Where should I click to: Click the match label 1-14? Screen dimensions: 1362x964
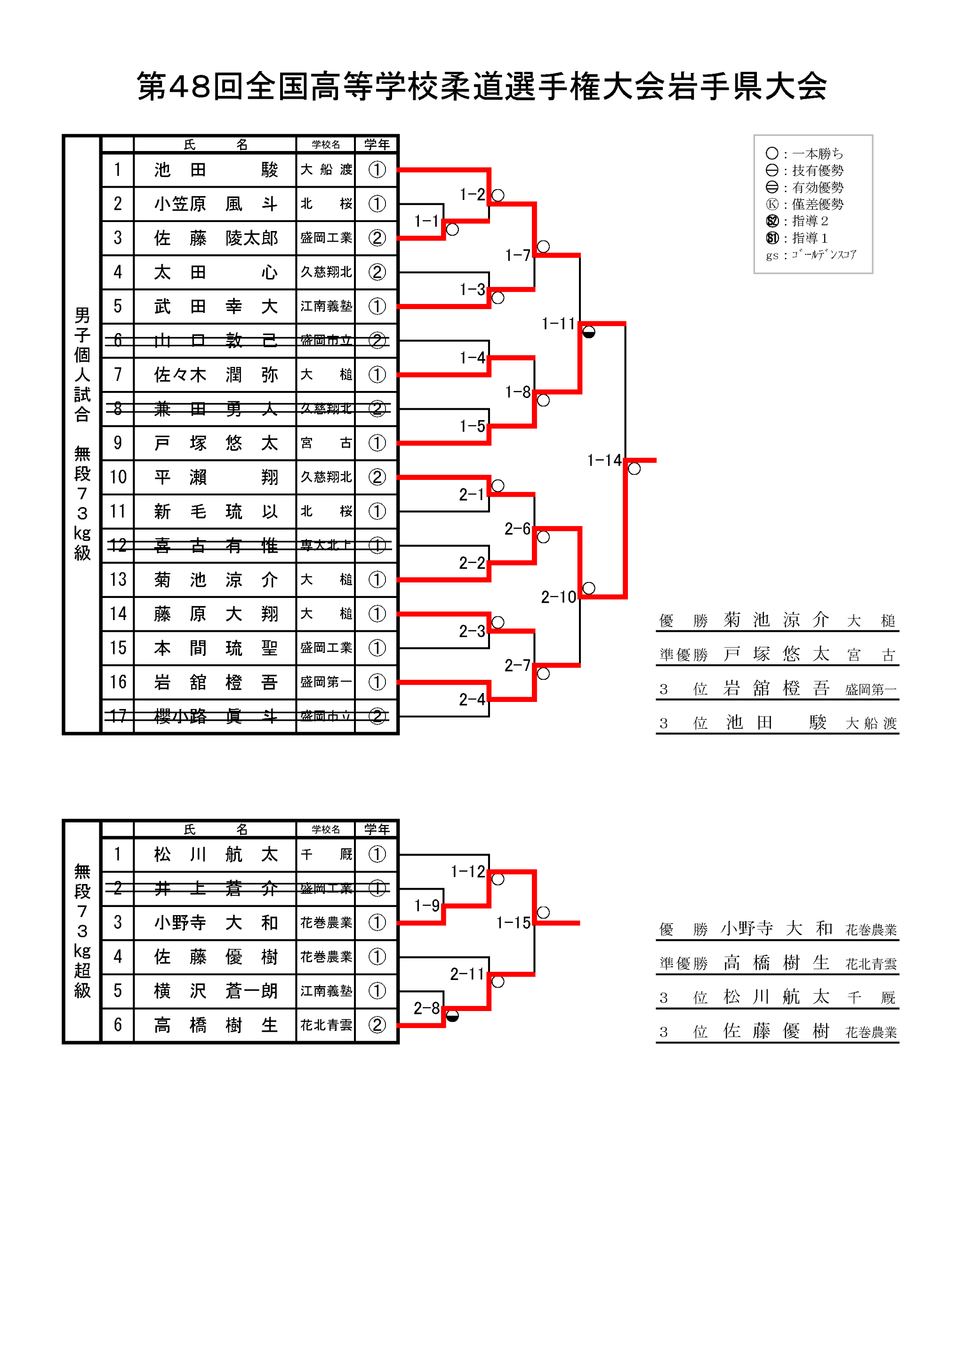604,460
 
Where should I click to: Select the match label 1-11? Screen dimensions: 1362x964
558,324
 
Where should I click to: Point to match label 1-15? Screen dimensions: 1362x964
513,923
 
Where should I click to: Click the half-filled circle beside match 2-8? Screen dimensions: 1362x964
452,1016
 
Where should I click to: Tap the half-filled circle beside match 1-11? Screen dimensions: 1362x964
588,332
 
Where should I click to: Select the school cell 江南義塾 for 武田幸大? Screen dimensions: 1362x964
326,307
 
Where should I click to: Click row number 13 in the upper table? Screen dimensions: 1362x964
118,580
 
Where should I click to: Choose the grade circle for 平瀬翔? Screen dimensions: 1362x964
377,477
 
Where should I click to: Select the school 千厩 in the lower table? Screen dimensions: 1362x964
326,854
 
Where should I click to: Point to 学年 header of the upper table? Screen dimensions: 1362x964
377,144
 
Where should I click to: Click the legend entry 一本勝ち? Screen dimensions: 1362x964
817,154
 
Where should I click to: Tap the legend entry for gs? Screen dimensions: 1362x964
811,255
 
